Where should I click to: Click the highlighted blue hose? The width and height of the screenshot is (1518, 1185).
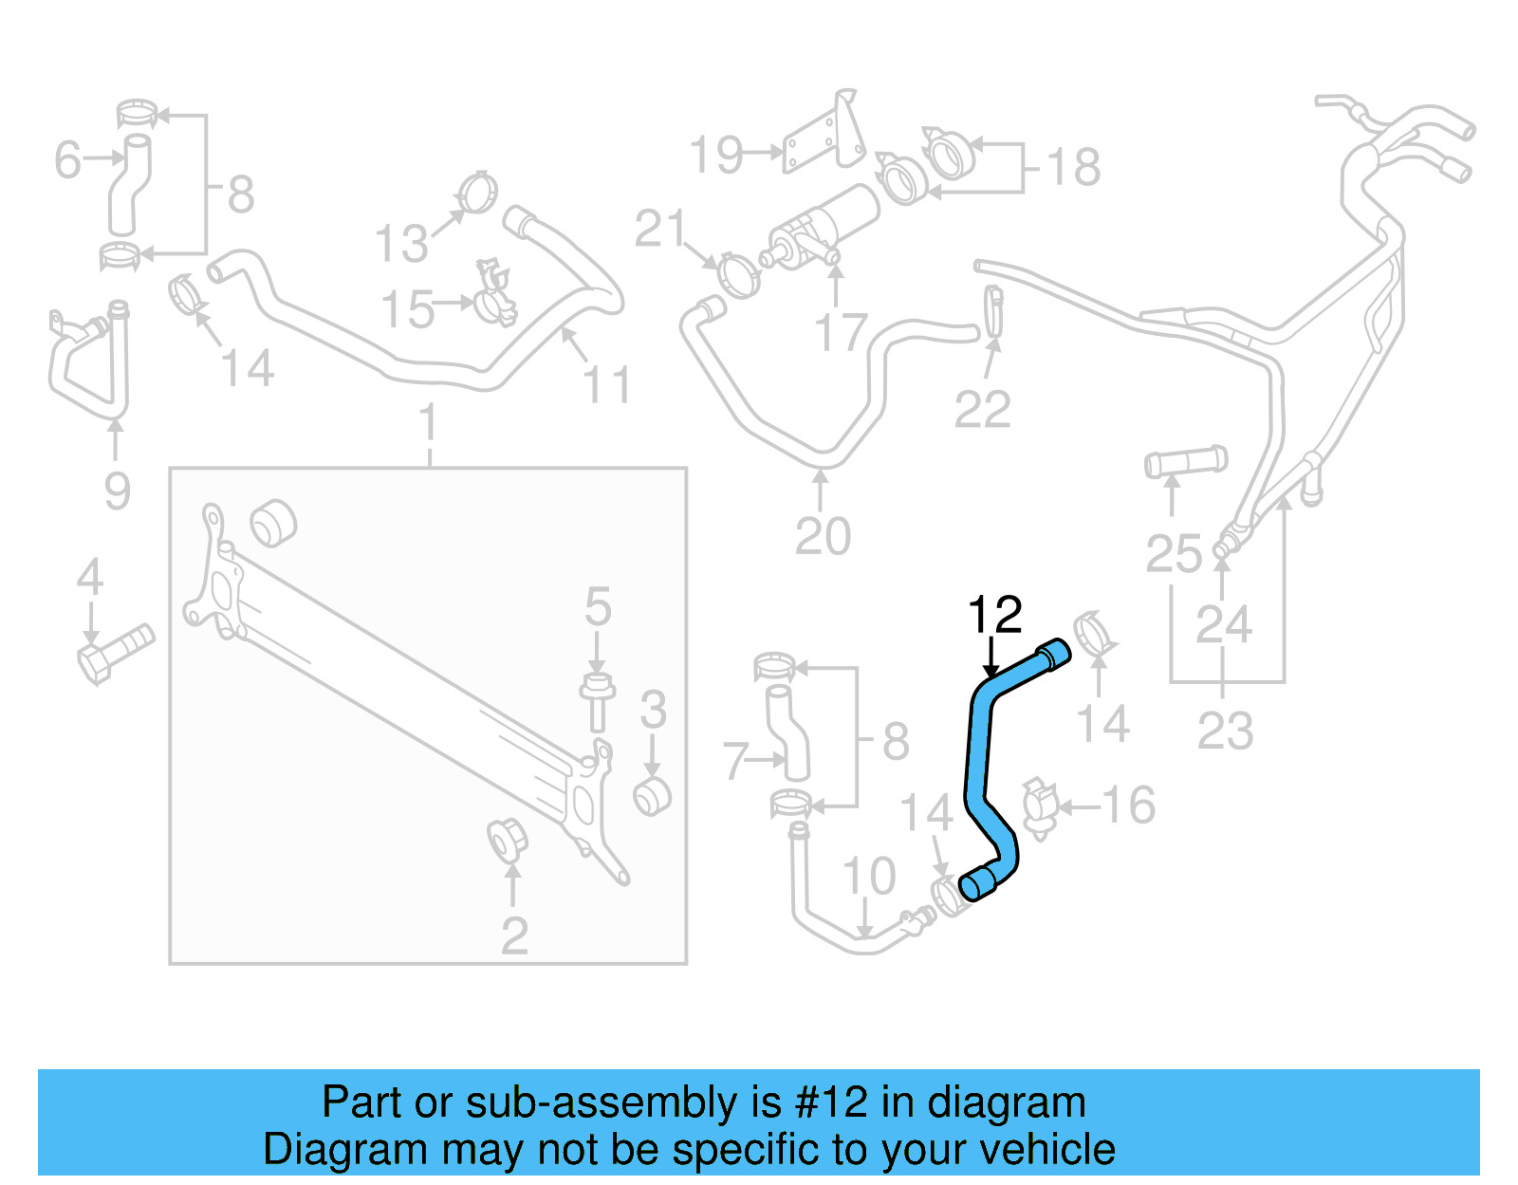tap(977, 759)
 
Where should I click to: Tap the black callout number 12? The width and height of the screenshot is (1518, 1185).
tap(994, 616)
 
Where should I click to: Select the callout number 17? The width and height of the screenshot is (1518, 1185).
tap(841, 333)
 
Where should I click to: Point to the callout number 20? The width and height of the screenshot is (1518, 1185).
tap(823, 537)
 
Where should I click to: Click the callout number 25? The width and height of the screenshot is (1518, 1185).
tap(1174, 554)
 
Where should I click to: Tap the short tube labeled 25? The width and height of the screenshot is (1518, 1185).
tap(1185, 462)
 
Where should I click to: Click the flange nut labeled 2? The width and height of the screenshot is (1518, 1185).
tap(508, 841)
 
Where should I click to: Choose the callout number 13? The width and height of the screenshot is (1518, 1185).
tap(401, 244)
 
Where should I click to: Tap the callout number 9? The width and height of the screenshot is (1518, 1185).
tap(117, 491)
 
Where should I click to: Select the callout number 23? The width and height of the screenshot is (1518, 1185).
tap(1225, 731)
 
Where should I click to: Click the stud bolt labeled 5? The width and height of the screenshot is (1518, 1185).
tap(597, 702)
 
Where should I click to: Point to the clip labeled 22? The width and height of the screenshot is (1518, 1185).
tap(993, 311)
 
